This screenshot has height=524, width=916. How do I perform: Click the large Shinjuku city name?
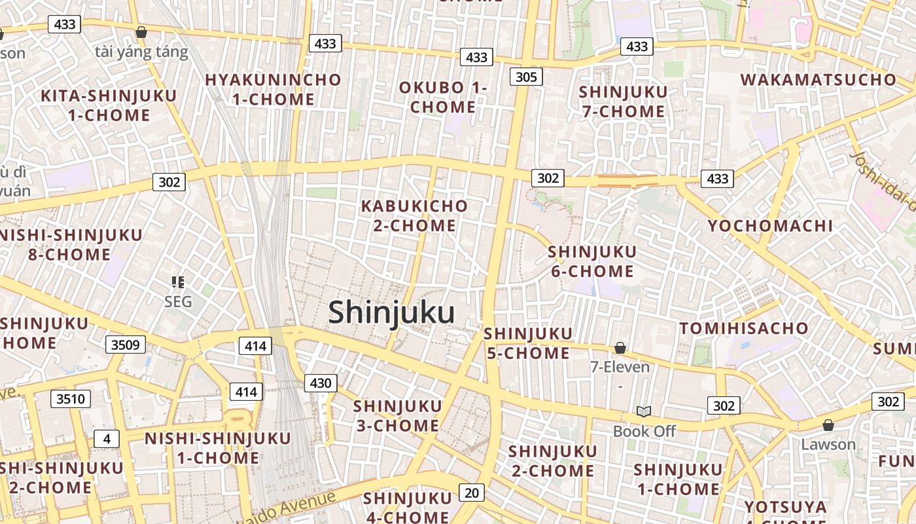click(x=391, y=312)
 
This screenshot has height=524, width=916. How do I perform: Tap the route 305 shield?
click(x=526, y=77)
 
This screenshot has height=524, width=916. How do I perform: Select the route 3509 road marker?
click(x=125, y=345)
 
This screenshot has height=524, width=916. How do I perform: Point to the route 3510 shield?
click(x=71, y=398)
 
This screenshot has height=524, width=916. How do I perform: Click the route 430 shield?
click(x=321, y=383)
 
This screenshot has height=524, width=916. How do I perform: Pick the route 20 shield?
click(x=472, y=492)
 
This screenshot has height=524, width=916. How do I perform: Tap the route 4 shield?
click(x=107, y=438)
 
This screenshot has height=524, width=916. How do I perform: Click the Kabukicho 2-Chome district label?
click(x=415, y=215)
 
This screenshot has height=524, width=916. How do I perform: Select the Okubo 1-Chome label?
click(x=444, y=97)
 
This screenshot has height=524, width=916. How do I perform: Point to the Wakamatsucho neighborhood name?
click(x=819, y=80)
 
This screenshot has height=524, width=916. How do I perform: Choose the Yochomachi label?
click(x=771, y=226)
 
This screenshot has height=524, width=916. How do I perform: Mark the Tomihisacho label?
click(x=744, y=328)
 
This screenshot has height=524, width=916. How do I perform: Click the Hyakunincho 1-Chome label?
click(x=273, y=90)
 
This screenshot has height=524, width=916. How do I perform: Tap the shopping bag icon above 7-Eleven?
click(x=620, y=348)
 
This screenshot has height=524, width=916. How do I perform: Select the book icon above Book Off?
click(x=644, y=411)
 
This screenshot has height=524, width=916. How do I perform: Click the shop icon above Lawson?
click(x=828, y=425)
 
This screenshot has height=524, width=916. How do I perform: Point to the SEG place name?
click(x=178, y=301)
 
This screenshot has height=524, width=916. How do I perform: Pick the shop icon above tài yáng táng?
click(x=141, y=32)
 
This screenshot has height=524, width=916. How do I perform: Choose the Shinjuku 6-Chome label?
click(x=592, y=261)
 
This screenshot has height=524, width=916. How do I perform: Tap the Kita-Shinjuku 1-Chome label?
click(x=109, y=105)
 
